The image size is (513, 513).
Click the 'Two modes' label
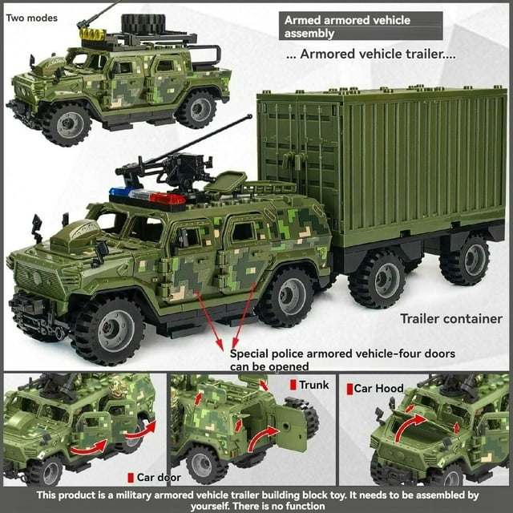click(32, 18)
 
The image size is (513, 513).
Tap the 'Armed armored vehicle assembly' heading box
click(361, 26)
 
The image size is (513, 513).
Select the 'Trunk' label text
click(314, 385)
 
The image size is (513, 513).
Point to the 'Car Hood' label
click(379, 389)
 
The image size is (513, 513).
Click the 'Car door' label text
click(159, 477)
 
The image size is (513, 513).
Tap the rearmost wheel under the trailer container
click(464, 261)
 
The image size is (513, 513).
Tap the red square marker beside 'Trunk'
click(293, 385)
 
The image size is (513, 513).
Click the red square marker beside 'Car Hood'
click(349, 389)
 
